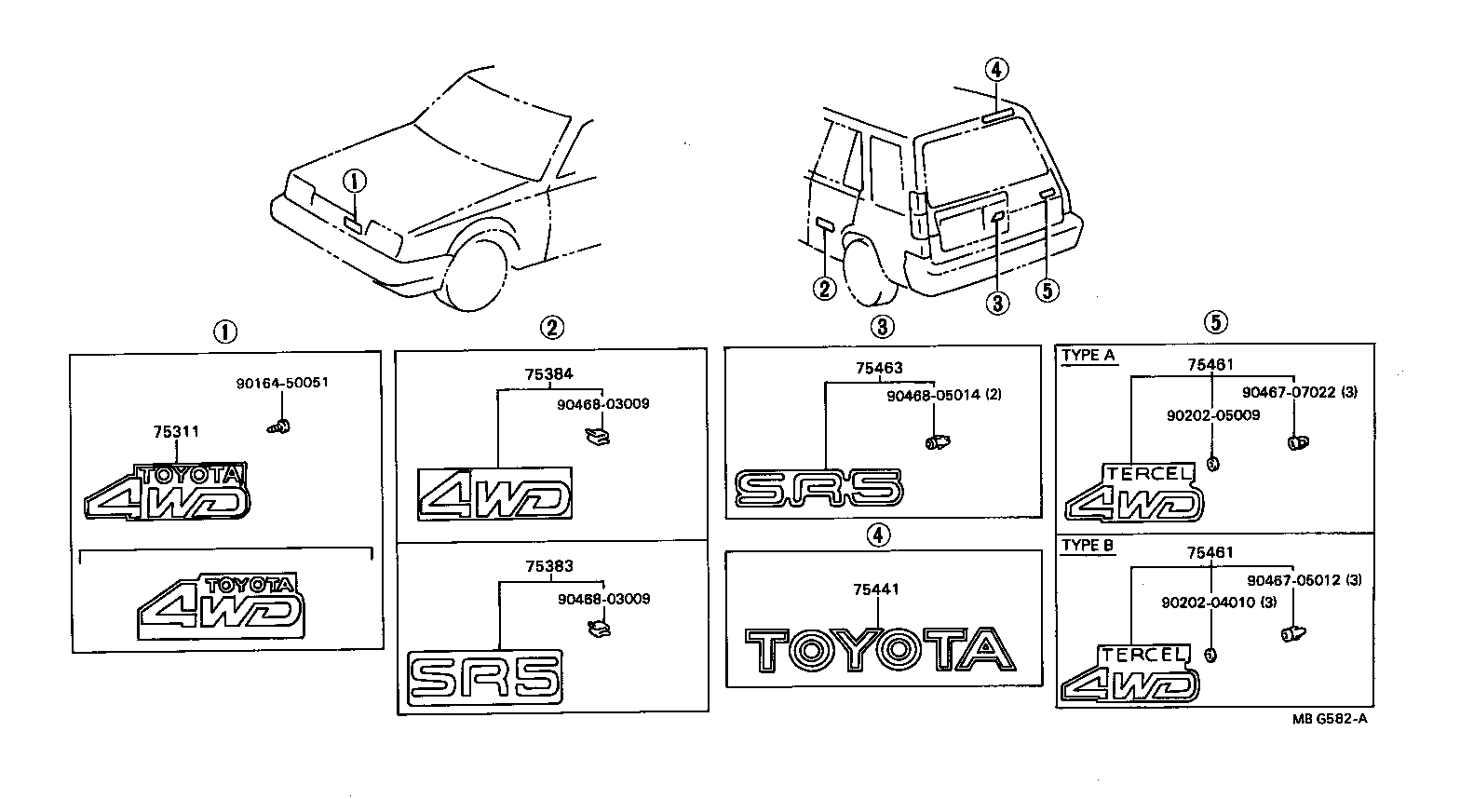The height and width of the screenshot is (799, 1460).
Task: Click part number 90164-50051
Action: point(280,382)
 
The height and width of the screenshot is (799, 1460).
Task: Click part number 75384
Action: point(548,374)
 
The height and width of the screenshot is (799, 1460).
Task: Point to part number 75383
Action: point(548,566)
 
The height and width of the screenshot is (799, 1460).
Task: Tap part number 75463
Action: point(879,369)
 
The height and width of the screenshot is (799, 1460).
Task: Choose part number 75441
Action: point(876,589)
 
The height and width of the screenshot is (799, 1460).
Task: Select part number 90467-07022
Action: point(1291,392)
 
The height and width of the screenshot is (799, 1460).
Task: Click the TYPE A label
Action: point(1088,355)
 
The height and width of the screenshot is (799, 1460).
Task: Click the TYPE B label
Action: point(1088,547)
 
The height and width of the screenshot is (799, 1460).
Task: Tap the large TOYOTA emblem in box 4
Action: point(880,649)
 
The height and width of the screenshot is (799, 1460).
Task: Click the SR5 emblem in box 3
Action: point(818,488)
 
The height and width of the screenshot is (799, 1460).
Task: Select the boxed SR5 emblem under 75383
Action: point(485,675)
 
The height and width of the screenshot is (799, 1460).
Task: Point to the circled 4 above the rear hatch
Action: point(995,69)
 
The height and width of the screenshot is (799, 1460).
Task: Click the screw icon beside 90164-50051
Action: point(277,427)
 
